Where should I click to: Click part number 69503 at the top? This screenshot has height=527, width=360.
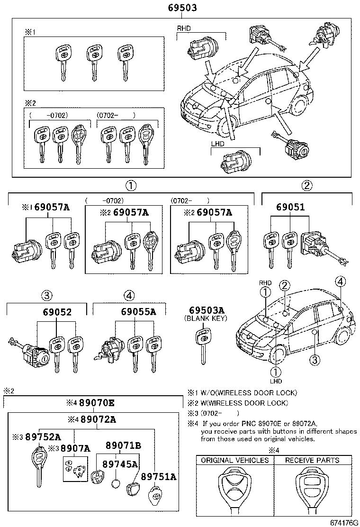coord(182,8)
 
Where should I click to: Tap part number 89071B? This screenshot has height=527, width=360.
coord(123,445)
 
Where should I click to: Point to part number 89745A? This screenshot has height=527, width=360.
coord(120,464)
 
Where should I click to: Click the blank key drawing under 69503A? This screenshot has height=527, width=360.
coord(204,346)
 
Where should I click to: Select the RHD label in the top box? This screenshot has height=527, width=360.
coord(184,28)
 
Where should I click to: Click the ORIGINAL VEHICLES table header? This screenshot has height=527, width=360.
coord(235,460)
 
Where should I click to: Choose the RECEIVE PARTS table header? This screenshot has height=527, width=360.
coord(312,460)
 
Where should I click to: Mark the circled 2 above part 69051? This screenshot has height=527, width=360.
coord(307,185)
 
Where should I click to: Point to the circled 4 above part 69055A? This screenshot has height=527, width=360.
coord(129,295)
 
